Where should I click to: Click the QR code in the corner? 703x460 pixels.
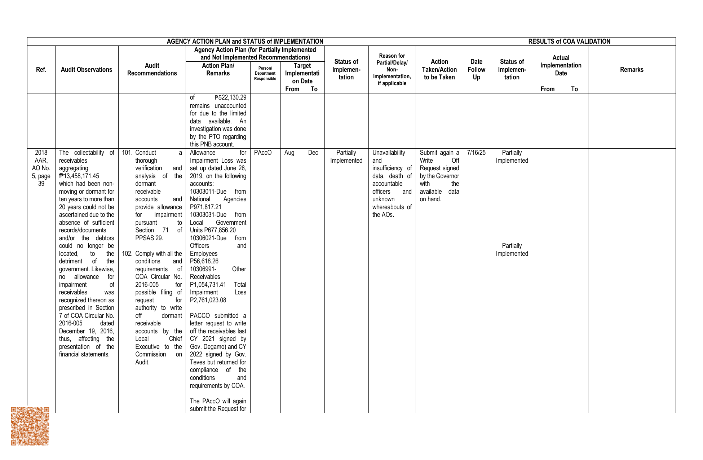click(x=30, y=426)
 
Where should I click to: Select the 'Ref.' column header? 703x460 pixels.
click(x=41, y=70)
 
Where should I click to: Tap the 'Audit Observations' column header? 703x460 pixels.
click(x=87, y=70)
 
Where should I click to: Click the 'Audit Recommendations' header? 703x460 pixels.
click(x=152, y=70)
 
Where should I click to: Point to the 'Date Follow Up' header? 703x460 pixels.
click(x=476, y=70)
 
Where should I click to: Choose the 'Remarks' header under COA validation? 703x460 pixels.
click(x=631, y=70)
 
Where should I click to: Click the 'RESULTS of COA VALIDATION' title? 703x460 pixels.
click(x=569, y=41)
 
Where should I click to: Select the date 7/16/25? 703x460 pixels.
click(x=476, y=153)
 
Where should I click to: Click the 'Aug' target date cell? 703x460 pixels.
click(x=289, y=153)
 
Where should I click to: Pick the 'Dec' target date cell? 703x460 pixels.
click(x=313, y=153)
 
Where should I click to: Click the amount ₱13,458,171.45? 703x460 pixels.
click(x=79, y=176)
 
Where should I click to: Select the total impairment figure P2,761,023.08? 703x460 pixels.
click(x=208, y=300)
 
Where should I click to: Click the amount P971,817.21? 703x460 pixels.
click(x=205, y=207)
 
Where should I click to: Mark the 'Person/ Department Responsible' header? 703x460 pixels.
click(x=265, y=74)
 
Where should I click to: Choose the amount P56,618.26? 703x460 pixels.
click(x=204, y=261)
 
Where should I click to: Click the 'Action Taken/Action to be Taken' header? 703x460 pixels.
click(x=439, y=70)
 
